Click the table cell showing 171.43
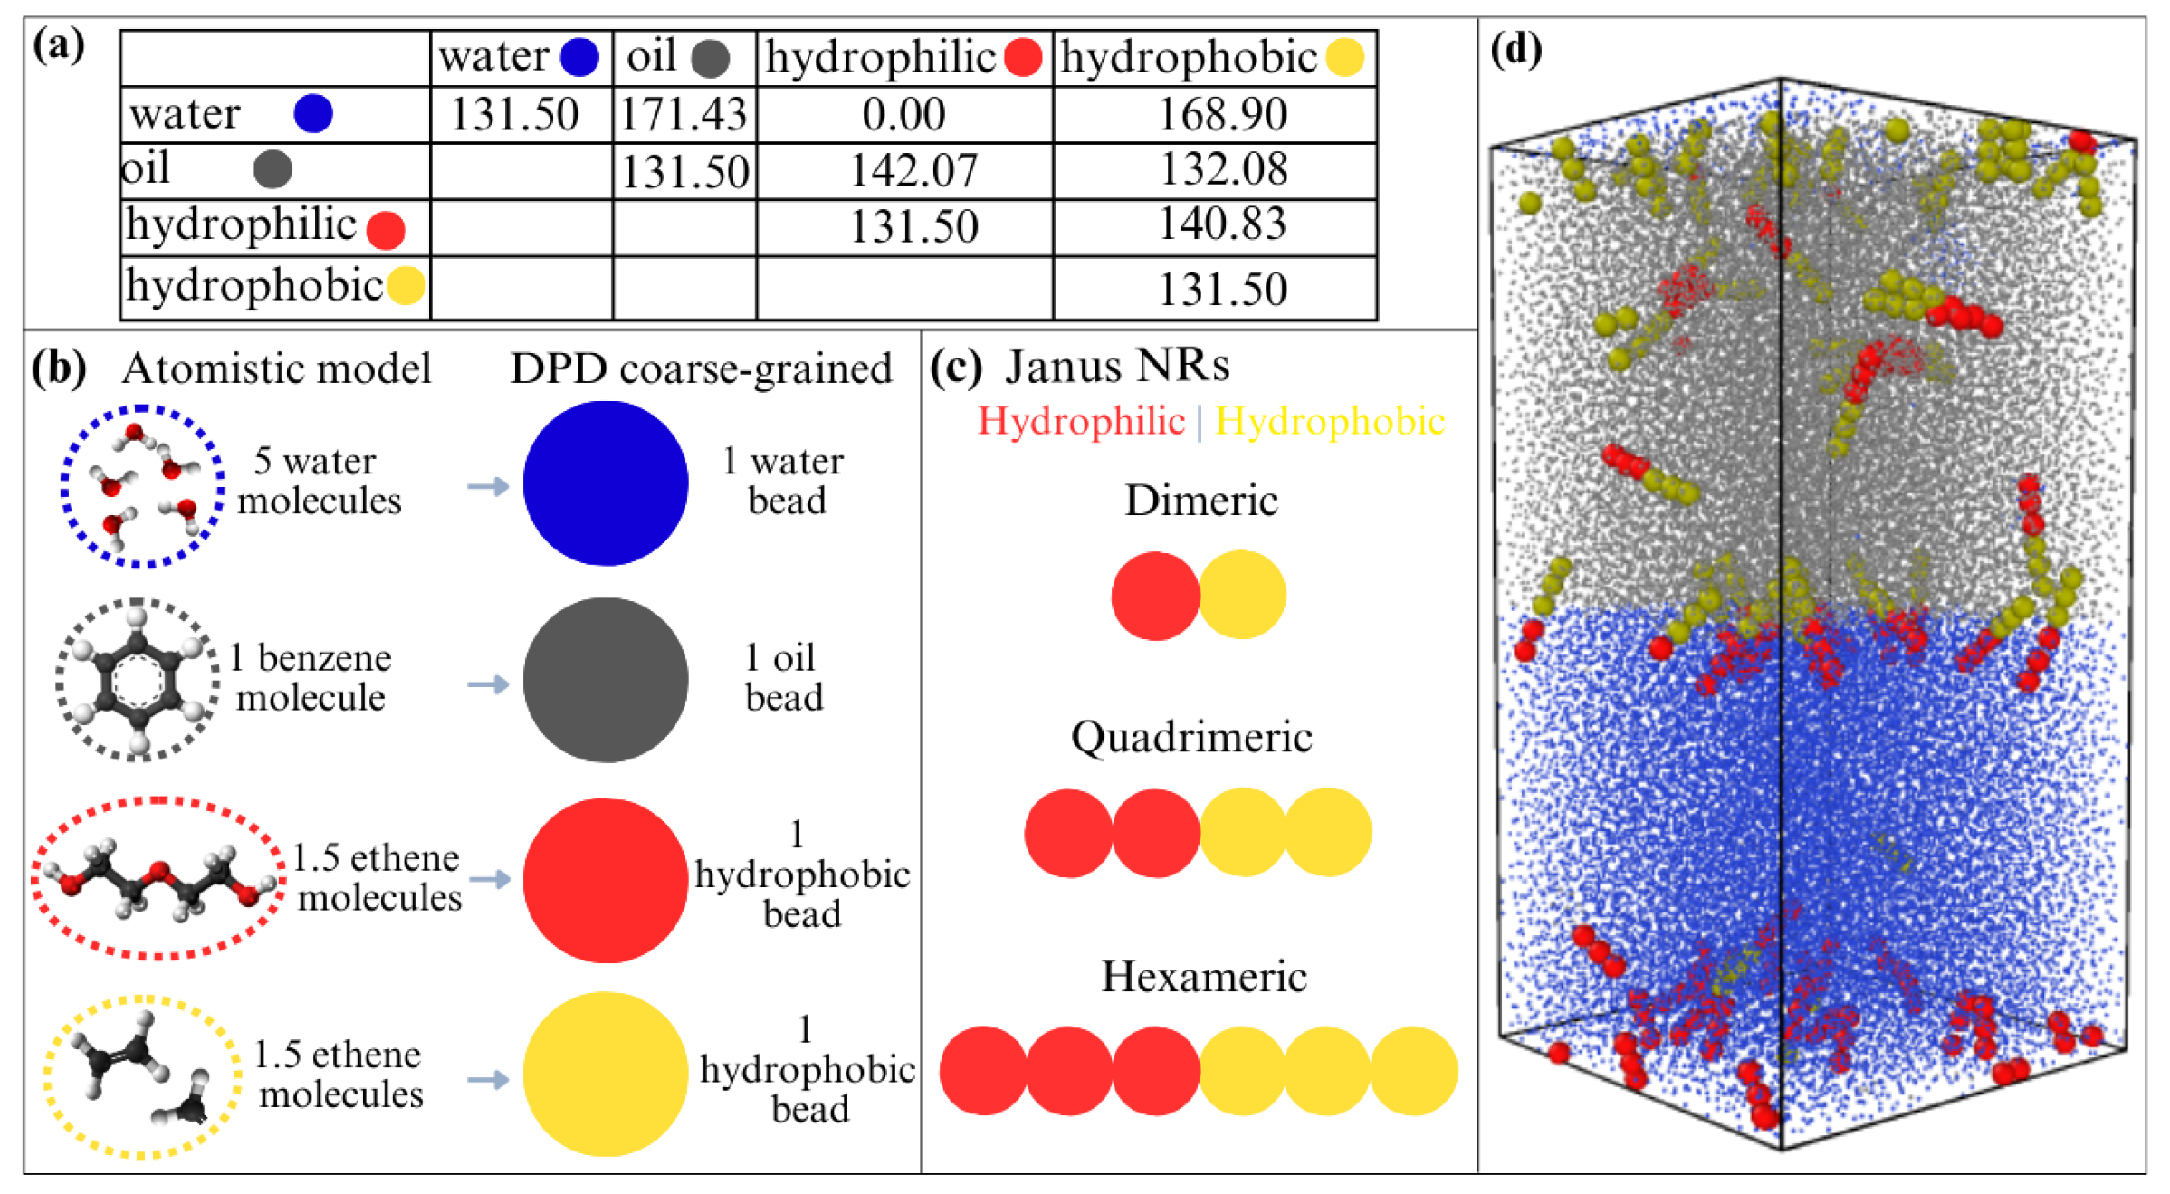tap(684, 115)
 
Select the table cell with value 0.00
tap(903, 115)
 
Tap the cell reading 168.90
tap(1222, 115)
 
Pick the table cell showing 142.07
tap(913, 171)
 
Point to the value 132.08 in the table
tap(1223, 169)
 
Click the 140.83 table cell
tap(1222, 224)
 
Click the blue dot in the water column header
tap(579, 57)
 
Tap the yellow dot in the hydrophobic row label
tap(406, 286)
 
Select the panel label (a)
tap(59, 44)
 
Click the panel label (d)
tap(1515, 50)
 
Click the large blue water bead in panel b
tap(605, 483)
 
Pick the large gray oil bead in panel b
tap(605, 680)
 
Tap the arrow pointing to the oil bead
tap(488, 683)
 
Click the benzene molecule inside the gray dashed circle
tap(137, 679)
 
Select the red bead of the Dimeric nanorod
tap(1155, 596)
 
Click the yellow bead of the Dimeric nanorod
tap(1242, 595)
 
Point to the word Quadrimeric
tap(1191, 737)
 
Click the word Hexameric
tap(1203, 977)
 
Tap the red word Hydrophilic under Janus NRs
tap(1081, 422)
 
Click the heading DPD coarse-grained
tap(701, 368)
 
